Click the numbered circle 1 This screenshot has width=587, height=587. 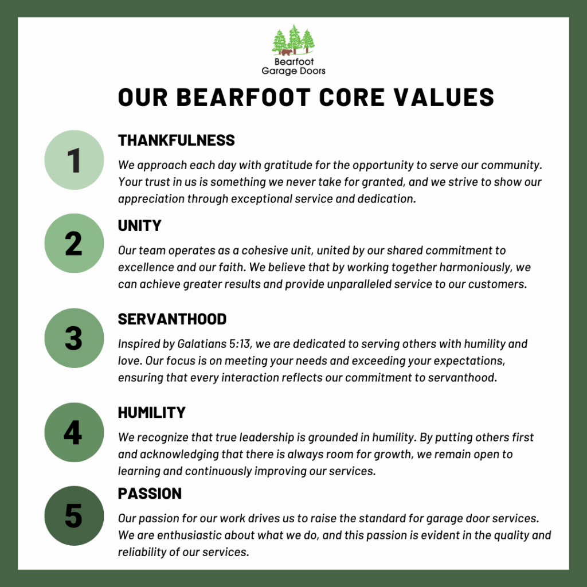[x=74, y=160]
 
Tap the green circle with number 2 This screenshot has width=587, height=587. [x=74, y=243]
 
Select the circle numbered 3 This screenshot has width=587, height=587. [x=74, y=338]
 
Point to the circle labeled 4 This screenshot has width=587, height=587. [x=74, y=432]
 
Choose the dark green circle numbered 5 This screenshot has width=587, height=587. [x=74, y=516]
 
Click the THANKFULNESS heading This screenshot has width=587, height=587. [x=177, y=140]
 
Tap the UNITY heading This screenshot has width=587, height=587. [x=140, y=226]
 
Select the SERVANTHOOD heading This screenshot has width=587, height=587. [x=172, y=319]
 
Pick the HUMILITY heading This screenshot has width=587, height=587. [x=151, y=413]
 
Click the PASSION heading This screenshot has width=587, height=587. [x=150, y=494]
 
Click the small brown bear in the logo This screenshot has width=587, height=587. [x=287, y=52]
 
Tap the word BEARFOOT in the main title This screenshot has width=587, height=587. [x=243, y=97]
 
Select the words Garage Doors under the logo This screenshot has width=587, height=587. [x=293, y=71]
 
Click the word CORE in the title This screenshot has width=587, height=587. [x=352, y=97]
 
